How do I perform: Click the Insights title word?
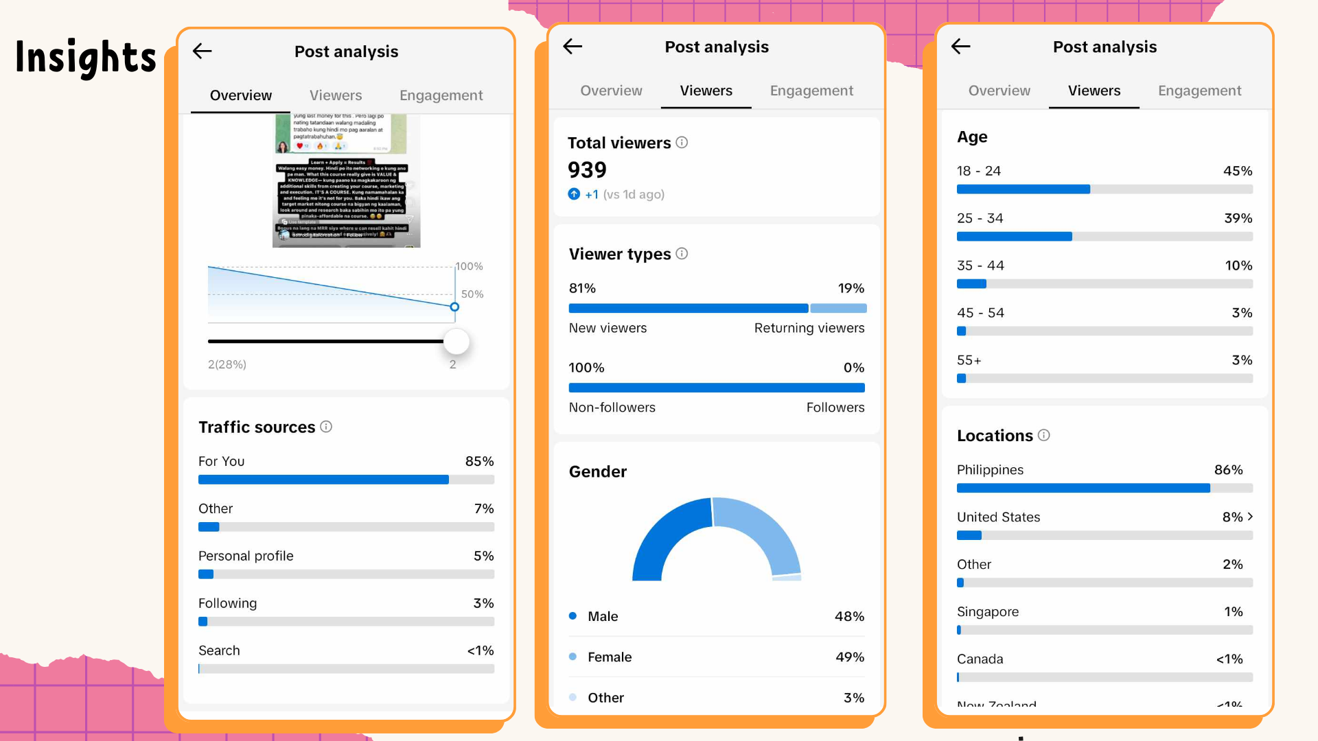86,58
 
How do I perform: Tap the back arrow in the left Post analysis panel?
202,51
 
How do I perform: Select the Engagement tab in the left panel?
441,95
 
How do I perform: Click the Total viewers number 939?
587,170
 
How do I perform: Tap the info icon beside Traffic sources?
326,427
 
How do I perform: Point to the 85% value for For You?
479,461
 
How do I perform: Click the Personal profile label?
246,556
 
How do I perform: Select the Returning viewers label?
809,328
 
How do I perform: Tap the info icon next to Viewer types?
682,254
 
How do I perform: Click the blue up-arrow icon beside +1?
574,194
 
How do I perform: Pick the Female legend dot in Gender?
573,657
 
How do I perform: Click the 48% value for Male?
849,616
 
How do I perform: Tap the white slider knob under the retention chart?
456,341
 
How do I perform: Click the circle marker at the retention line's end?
454,307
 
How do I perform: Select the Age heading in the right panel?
972,137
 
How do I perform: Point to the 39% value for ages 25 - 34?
1238,218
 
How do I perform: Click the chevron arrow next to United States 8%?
1250,517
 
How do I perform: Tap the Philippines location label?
990,470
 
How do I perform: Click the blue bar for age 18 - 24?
1023,189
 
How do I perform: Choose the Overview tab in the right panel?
999,91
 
